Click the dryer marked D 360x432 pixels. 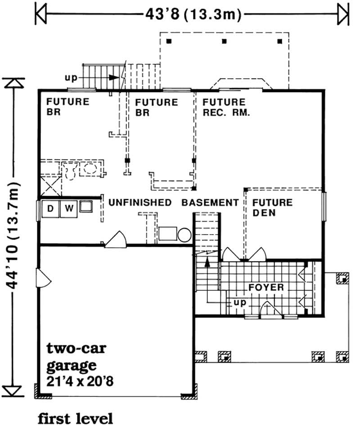(50, 209)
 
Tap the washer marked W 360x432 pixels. (69, 209)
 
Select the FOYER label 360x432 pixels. (266, 287)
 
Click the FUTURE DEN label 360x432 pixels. (273, 208)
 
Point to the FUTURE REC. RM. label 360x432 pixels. (226, 107)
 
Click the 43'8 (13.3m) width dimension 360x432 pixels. (193, 14)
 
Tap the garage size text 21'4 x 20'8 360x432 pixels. (80, 382)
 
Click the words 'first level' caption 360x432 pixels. (75, 419)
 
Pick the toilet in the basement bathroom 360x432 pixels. (70, 171)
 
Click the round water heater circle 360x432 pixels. (184, 235)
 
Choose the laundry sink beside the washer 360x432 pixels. (86, 206)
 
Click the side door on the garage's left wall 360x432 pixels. (43, 278)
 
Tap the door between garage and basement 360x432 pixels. (116, 240)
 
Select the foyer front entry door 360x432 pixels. (271, 310)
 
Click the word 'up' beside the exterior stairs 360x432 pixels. (71, 78)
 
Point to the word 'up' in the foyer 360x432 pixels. (240, 303)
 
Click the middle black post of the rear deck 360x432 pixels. (224, 41)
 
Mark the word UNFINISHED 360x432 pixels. (140, 202)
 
